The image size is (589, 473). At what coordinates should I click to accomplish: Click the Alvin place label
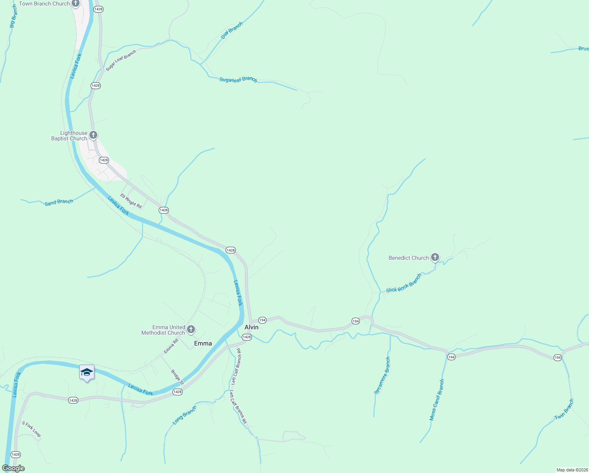(x=252, y=327)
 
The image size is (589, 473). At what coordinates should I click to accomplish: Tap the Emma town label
(x=203, y=343)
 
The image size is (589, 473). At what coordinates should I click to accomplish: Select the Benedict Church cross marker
(x=435, y=257)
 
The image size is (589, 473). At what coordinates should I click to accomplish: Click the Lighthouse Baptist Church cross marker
(x=93, y=135)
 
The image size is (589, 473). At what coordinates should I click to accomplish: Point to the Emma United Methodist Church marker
(x=191, y=329)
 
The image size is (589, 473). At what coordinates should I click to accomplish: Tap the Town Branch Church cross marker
(x=76, y=4)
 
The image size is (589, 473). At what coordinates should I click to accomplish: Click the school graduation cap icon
(x=87, y=372)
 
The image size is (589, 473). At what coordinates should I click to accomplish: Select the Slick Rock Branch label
(x=404, y=283)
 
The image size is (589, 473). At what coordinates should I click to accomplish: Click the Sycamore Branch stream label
(x=382, y=375)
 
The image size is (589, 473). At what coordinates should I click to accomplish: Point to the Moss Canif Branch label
(x=437, y=400)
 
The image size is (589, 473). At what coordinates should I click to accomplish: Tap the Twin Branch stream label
(x=564, y=410)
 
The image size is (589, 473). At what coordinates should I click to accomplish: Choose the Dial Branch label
(x=232, y=30)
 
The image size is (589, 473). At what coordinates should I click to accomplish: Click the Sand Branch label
(x=59, y=202)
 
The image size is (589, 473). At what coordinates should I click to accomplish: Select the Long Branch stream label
(x=184, y=415)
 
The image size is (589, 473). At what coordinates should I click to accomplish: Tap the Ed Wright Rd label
(x=131, y=201)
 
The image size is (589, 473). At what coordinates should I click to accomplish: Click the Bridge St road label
(x=177, y=377)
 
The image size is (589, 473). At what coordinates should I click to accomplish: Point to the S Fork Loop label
(x=31, y=429)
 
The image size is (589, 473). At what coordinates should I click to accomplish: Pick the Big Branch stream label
(x=13, y=16)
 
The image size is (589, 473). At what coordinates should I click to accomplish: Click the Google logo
(x=13, y=468)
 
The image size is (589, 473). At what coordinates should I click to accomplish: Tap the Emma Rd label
(x=171, y=346)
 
